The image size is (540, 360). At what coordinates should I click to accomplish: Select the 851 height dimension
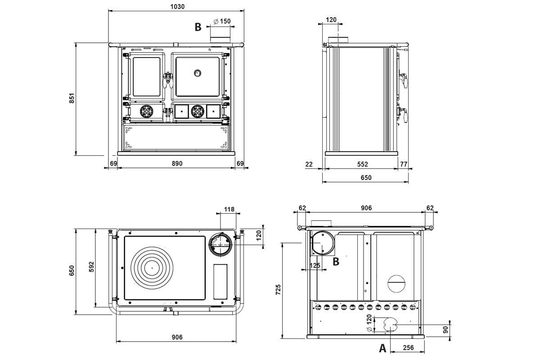[x=71, y=99]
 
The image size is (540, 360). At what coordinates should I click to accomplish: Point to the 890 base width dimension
[x=177, y=163]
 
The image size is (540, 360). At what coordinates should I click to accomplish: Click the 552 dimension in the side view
[x=362, y=164]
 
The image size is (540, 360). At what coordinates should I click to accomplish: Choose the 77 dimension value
[x=404, y=164]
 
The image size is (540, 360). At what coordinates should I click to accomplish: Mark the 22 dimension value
[x=309, y=164]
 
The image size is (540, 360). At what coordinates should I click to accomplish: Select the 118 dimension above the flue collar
[x=229, y=209]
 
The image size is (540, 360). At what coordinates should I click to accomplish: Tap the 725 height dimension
[x=278, y=289]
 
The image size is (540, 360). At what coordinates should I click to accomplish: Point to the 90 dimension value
[x=445, y=330]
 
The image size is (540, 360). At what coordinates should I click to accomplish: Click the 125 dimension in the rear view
[x=315, y=265]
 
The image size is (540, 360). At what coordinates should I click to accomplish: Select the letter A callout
[x=382, y=348]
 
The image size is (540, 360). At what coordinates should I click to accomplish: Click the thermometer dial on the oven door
[x=198, y=72]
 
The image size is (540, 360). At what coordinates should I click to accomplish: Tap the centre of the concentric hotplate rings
[x=152, y=268]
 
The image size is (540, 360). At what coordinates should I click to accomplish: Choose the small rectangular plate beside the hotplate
[x=220, y=282]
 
